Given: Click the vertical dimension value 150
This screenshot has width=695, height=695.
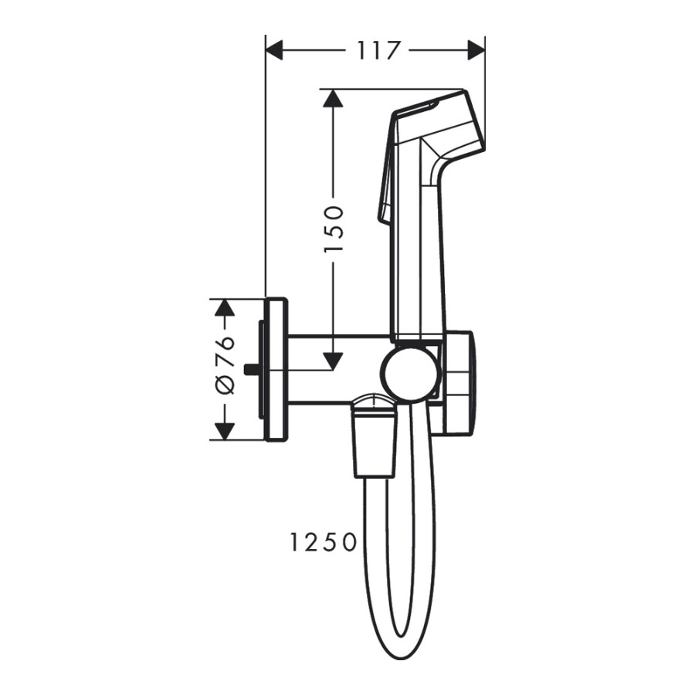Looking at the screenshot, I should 333,229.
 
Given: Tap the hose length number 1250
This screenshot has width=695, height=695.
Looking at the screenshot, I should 324,543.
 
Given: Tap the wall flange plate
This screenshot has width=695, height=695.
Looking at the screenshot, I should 276,369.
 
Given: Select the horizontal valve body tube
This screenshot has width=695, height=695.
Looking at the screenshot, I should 336,369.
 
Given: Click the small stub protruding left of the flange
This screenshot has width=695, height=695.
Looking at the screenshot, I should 251,369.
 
